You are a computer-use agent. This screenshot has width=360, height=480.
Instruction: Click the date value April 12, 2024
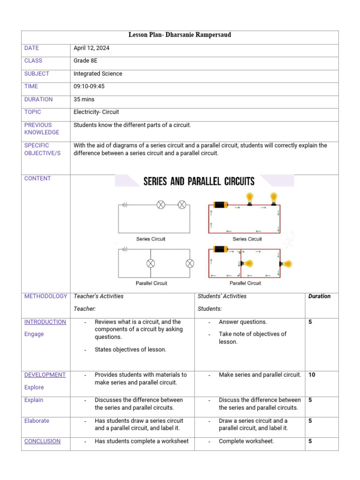point(91,48)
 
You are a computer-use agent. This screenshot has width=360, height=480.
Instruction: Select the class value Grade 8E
point(84,60)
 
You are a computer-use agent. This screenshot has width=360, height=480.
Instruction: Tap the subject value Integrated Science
point(98,74)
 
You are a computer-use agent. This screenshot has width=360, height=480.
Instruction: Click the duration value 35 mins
point(84,99)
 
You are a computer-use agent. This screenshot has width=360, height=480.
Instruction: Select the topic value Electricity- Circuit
point(96,112)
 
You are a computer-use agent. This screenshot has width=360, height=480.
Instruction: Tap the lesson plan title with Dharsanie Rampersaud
point(180,36)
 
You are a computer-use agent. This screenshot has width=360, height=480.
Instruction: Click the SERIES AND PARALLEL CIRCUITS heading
point(199,181)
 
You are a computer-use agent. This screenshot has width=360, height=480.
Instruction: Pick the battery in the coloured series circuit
point(220,204)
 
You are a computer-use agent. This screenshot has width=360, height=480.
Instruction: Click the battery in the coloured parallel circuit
point(220,249)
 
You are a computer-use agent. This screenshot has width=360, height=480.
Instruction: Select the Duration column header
point(319,296)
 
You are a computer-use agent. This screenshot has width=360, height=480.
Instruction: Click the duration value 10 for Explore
point(312,375)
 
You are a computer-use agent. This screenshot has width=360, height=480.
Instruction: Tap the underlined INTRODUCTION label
point(45,322)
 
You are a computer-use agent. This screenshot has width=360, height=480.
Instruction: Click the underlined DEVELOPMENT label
point(45,375)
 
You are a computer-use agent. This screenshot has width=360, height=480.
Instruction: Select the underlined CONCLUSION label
point(42,441)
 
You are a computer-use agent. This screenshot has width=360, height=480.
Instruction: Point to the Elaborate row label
point(37,421)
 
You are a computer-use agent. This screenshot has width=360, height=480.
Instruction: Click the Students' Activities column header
point(222,296)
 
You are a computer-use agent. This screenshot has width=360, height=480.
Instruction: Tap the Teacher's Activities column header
point(98,296)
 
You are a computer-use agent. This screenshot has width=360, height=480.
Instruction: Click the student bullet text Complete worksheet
point(246,441)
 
